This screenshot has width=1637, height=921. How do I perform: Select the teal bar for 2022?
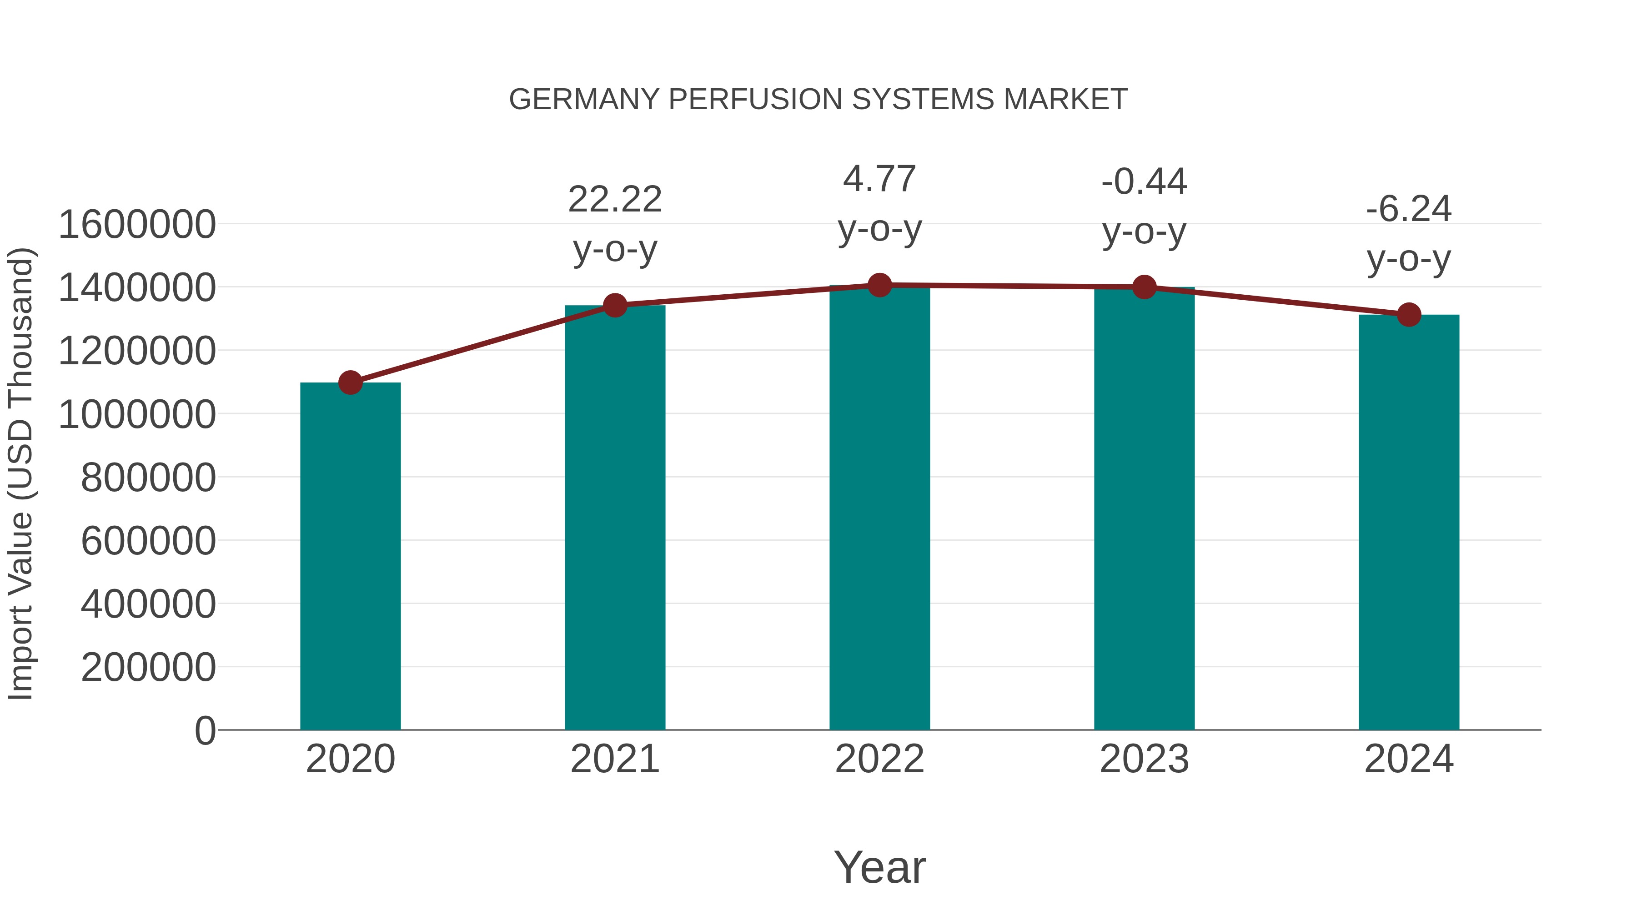coord(879,508)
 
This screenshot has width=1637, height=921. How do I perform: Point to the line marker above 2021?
coord(614,306)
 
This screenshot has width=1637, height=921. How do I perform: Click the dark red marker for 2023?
coord(1144,287)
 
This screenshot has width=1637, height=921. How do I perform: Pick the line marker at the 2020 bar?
coord(350,382)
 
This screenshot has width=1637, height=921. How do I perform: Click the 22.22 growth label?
coord(614,200)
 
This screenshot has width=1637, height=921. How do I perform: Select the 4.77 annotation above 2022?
coord(879,179)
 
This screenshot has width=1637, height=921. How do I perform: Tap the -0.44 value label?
coord(1144,182)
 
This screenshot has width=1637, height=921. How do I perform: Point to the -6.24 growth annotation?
coord(1409,209)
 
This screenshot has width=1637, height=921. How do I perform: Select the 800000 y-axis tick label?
coord(148,478)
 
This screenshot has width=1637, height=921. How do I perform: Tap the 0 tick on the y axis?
coord(205,730)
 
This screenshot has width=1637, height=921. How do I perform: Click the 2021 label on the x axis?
coord(614,759)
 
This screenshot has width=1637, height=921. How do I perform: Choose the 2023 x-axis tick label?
coord(1144,759)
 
